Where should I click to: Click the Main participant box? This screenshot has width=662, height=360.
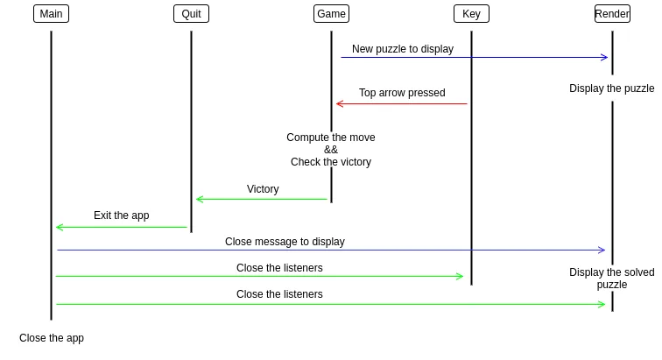click(x=51, y=14)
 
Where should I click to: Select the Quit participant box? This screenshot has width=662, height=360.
click(x=191, y=14)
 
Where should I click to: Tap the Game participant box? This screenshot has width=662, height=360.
click(x=331, y=14)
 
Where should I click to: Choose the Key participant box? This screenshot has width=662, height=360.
click(x=471, y=14)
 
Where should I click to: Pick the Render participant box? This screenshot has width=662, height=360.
click(x=612, y=14)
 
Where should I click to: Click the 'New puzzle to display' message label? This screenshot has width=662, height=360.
click(x=403, y=49)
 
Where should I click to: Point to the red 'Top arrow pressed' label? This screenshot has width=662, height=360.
click(x=402, y=93)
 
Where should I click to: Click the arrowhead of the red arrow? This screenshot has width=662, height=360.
click(x=339, y=104)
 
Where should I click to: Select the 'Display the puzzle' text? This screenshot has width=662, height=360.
click(x=612, y=88)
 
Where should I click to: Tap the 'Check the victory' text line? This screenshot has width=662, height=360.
click(x=331, y=162)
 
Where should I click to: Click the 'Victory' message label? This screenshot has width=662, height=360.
click(x=263, y=189)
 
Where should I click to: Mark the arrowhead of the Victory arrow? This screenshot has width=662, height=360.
click(x=199, y=200)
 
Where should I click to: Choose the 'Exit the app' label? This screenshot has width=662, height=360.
click(x=122, y=215)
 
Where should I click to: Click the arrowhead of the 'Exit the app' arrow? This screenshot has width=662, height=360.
click(x=59, y=228)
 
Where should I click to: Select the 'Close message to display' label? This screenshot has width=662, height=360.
click(x=285, y=242)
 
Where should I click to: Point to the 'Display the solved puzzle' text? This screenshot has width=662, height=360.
click(x=612, y=279)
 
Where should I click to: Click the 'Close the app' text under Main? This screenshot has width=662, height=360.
click(x=52, y=338)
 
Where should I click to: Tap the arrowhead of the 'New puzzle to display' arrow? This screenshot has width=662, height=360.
click(x=604, y=58)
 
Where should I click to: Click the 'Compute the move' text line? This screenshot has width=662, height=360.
click(x=331, y=138)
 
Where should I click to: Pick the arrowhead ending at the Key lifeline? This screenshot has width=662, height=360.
click(x=460, y=277)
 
